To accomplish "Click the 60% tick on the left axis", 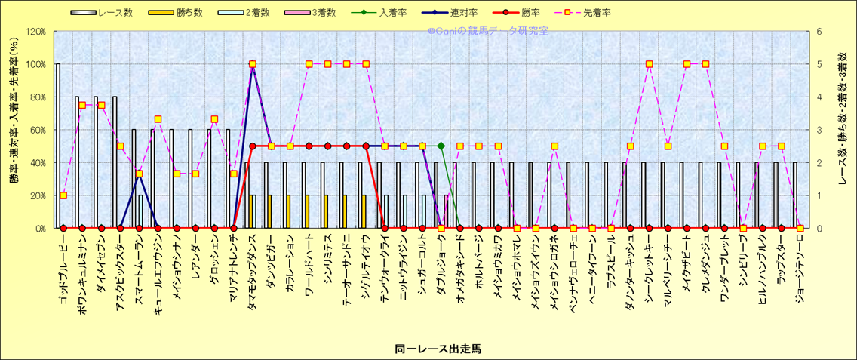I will (x=38, y=130).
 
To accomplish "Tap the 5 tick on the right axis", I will (x=819, y=64).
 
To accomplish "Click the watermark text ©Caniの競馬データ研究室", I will (x=488, y=31).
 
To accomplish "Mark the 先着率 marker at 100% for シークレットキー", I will (x=649, y=64).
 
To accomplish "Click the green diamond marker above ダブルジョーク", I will (x=441, y=146).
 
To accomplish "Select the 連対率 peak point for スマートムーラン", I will (x=139, y=174).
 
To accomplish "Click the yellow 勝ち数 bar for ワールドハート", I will (x=307, y=211).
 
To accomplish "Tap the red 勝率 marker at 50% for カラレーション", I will (x=290, y=146).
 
